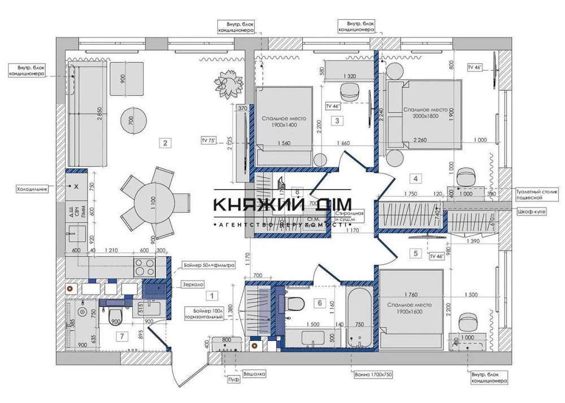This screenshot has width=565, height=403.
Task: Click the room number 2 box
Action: [x=164, y=143]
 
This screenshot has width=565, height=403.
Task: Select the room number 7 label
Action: [x=120, y=337]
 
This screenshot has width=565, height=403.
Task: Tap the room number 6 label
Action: [x=320, y=304]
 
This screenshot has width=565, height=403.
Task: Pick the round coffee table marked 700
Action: [x=133, y=119]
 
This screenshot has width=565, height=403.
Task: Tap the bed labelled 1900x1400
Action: [x=284, y=120]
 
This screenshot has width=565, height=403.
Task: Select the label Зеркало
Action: [x=193, y=285]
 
